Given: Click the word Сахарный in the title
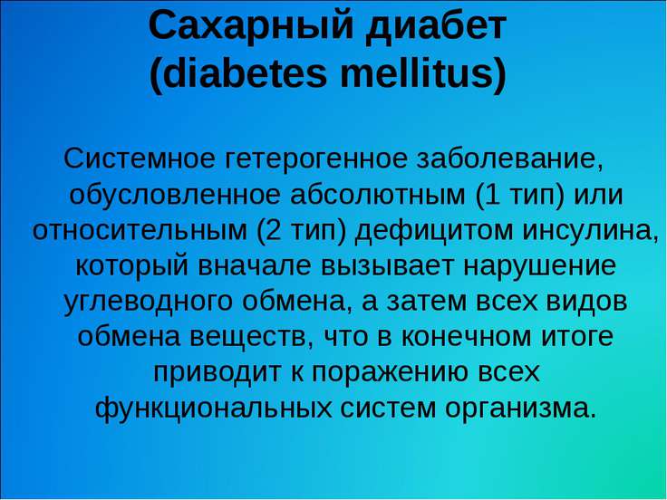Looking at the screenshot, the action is [x=251, y=28].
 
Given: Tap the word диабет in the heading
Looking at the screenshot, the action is [x=436, y=26].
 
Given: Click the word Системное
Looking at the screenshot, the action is [x=140, y=159].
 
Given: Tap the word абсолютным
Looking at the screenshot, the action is [x=378, y=195].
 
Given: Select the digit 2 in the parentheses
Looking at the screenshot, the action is [x=273, y=230].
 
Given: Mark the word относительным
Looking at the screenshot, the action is [x=140, y=231].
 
